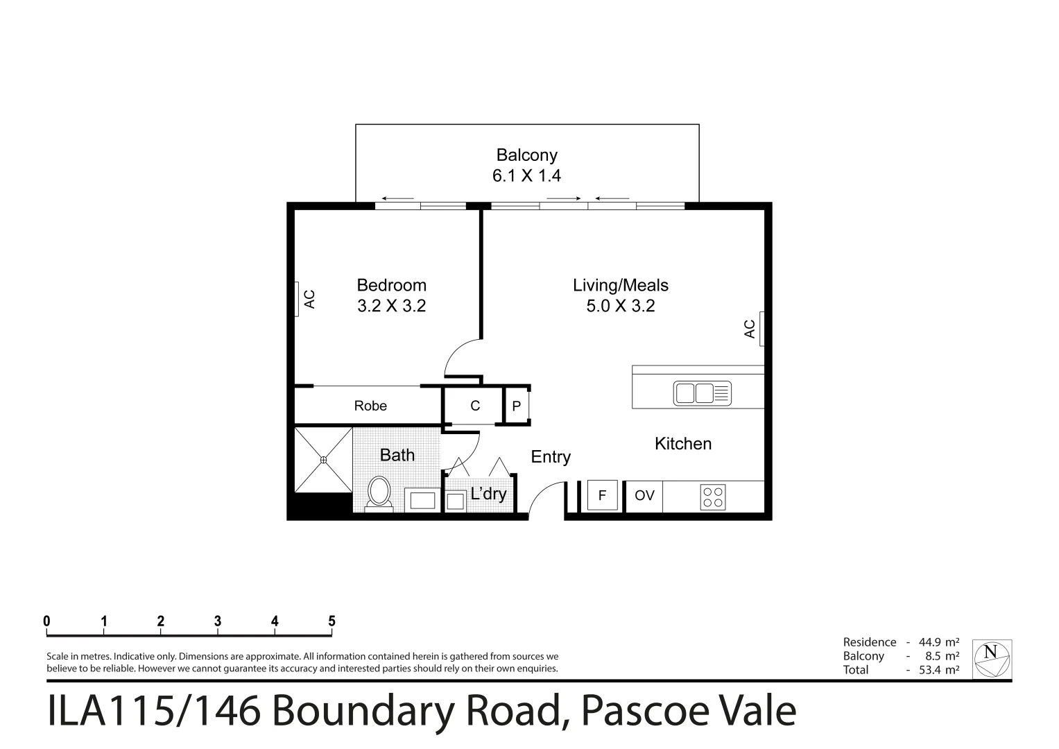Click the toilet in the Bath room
(x=379, y=492)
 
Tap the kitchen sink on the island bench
(x=702, y=393)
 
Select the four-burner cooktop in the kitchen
(x=713, y=497)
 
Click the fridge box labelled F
(x=602, y=496)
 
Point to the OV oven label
(x=644, y=496)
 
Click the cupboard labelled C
(x=475, y=406)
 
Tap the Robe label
(x=370, y=406)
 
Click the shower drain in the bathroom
(x=323, y=459)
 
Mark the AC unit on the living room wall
(x=761, y=329)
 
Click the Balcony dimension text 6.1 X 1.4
(x=526, y=176)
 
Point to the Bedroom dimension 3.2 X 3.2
(x=391, y=306)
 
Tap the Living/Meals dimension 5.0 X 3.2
(x=620, y=306)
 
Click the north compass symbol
(x=991, y=658)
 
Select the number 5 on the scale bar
(x=332, y=621)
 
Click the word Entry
(x=551, y=457)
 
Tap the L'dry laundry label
(x=488, y=494)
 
